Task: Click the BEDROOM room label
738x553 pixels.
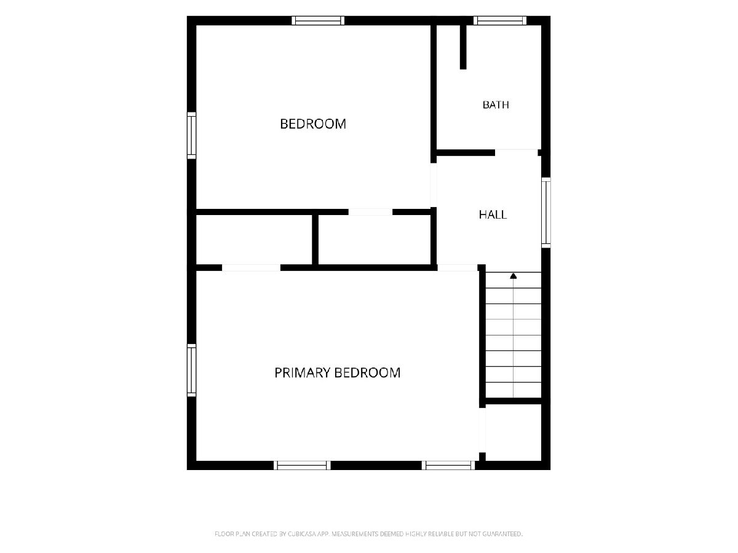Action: click(312, 124)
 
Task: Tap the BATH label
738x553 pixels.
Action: click(495, 104)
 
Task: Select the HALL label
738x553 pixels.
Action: click(493, 214)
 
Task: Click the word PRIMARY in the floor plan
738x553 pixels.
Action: click(303, 373)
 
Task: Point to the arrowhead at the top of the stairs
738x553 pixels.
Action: click(513, 276)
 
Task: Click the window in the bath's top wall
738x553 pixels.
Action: click(500, 20)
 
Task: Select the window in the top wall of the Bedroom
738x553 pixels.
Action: click(318, 20)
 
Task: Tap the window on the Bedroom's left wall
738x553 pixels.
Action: click(191, 135)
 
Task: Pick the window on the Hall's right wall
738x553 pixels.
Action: click(546, 213)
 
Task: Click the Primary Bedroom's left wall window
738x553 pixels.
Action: click(191, 370)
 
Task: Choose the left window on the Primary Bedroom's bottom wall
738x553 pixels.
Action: click(302, 465)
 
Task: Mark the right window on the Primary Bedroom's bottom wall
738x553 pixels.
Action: click(448, 465)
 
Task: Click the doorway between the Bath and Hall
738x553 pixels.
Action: click(517, 153)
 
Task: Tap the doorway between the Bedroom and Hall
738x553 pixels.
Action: click(434, 185)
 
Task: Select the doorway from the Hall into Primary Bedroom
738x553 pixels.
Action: click(458, 268)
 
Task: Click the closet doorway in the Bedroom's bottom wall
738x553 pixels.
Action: click(370, 212)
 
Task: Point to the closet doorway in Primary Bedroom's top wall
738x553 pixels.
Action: click(251, 268)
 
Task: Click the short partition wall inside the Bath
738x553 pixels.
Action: click(463, 47)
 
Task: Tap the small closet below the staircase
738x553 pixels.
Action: click(514, 433)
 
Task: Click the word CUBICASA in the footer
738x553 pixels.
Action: click(302, 533)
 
